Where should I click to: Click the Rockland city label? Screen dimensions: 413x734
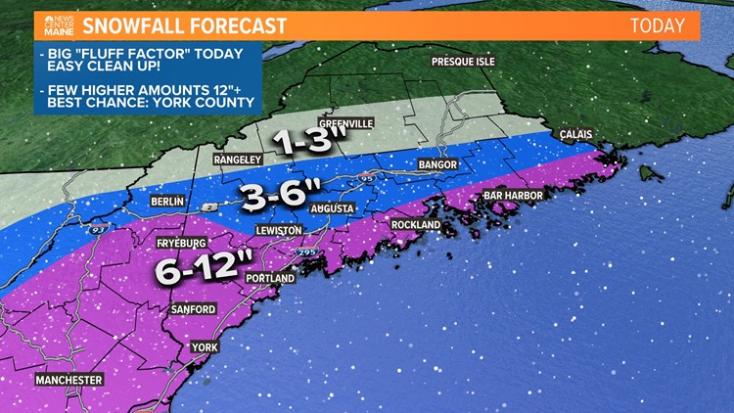[415, 224]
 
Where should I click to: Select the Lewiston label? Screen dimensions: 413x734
[279, 229]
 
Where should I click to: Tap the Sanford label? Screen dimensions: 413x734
[193, 309]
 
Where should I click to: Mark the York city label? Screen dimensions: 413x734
[205, 347]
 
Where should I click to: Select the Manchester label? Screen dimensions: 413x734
[69, 380]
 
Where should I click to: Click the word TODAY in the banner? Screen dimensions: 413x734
[657, 25]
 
